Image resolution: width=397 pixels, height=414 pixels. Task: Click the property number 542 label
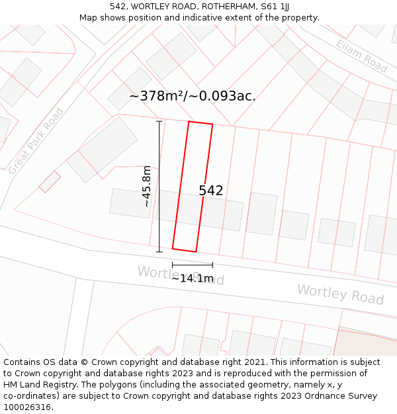point(211,191)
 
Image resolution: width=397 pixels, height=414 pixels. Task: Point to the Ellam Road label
point(361,56)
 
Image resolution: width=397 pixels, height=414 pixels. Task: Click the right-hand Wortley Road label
point(340,294)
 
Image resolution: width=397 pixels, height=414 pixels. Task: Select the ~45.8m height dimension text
point(146,186)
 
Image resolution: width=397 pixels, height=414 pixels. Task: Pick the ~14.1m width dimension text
point(193,279)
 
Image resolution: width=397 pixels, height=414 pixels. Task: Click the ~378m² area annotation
point(192,96)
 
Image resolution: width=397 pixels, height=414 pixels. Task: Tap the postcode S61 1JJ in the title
point(274,6)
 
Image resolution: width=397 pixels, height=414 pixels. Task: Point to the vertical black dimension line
point(159,186)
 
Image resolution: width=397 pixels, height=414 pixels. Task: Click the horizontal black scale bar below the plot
point(193,265)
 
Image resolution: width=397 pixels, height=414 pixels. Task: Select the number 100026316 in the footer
point(26,407)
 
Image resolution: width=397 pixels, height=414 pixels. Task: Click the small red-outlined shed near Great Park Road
point(50,181)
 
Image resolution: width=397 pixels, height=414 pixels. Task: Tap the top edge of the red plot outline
point(200,123)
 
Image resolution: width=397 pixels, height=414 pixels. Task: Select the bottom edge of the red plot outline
point(185,250)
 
